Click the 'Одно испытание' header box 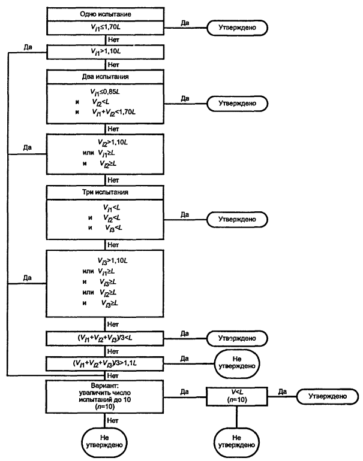point(106,13)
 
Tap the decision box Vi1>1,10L point(106,52)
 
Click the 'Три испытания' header point(106,193)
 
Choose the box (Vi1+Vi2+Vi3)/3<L point(106,338)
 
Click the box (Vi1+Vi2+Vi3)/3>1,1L point(106,363)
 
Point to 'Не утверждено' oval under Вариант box point(106,441)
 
